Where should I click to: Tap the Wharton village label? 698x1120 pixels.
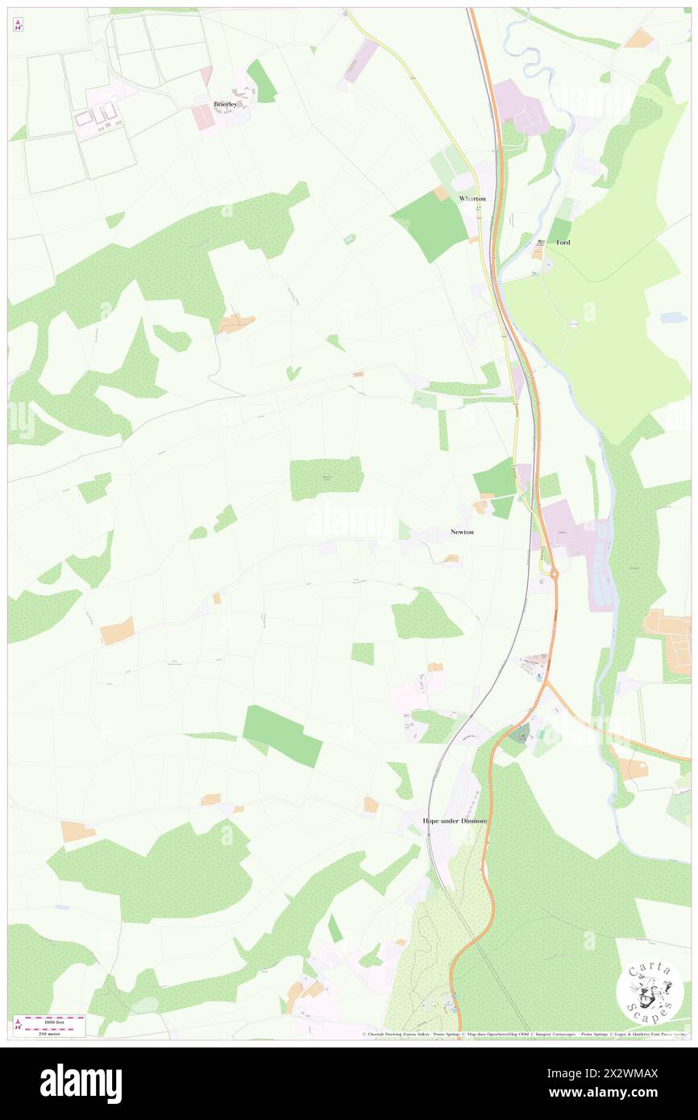pyautogui.click(x=472, y=198)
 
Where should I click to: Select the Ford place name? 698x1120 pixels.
pyautogui.click(x=563, y=242)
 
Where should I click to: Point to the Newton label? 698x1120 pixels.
pyautogui.click(x=462, y=533)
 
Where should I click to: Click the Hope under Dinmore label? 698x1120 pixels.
pyautogui.click(x=455, y=820)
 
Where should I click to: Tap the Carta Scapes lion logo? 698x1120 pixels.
pyautogui.click(x=650, y=991)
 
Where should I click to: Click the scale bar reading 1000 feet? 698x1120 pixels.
pyautogui.click(x=55, y=1019)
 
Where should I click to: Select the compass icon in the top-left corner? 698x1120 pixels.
pyautogui.click(x=18, y=26)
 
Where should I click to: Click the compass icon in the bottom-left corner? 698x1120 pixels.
pyautogui.click(x=18, y=1025)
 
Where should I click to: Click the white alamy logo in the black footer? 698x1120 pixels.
pyautogui.click(x=81, y=1083)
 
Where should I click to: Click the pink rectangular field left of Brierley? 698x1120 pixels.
pyautogui.click(x=203, y=118)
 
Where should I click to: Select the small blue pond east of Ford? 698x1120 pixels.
pyautogui.click(x=672, y=318)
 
